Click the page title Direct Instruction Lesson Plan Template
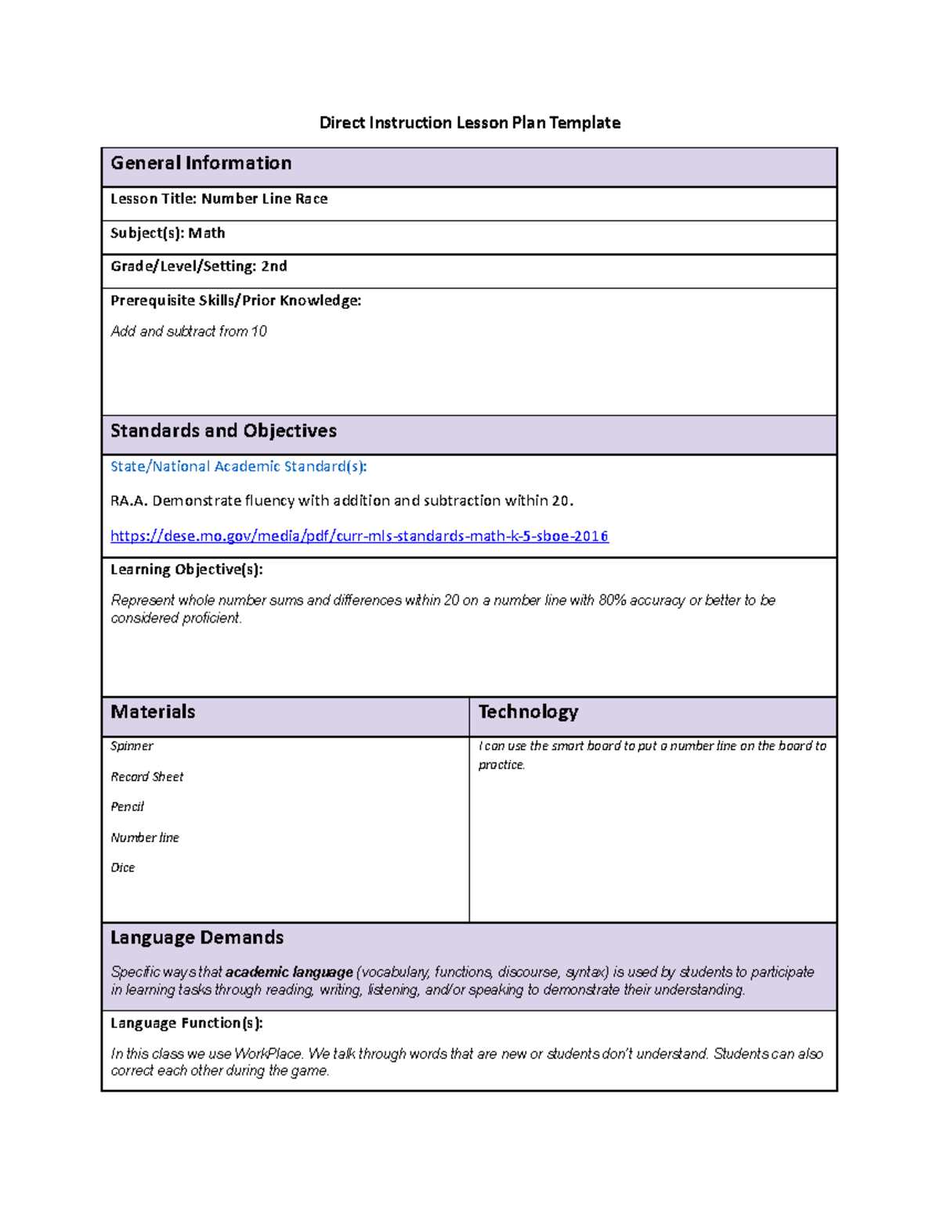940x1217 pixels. pyautogui.click(x=469, y=123)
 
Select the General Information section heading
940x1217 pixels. pyautogui.click(x=201, y=163)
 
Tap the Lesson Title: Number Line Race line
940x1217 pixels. pyautogui.click(x=219, y=199)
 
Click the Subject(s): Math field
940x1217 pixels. pyautogui.click(x=168, y=234)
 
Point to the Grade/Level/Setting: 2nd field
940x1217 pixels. pyautogui.click(x=198, y=266)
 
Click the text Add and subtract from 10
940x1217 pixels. pyautogui.click(x=189, y=331)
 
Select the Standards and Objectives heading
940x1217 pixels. pyautogui.click(x=223, y=431)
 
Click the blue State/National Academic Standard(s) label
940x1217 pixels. pyautogui.click(x=238, y=467)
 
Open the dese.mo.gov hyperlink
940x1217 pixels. pyautogui.click(x=359, y=536)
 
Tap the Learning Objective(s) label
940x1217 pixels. pyautogui.click(x=186, y=570)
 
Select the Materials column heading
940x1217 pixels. pyautogui.click(x=153, y=712)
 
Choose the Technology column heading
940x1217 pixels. pyautogui.click(x=528, y=712)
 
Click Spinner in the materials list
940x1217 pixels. pyautogui.click(x=132, y=746)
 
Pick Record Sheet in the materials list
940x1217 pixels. pyautogui.click(x=146, y=777)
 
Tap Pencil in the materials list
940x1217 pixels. pyautogui.click(x=127, y=807)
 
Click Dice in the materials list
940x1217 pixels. pyautogui.click(x=122, y=867)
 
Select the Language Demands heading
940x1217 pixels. pyautogui.click(x=197, y=938)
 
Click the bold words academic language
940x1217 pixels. pyautogui.click(x=289, y=973)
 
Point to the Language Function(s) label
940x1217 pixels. pyautogui.click(x=186, y=1023)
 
